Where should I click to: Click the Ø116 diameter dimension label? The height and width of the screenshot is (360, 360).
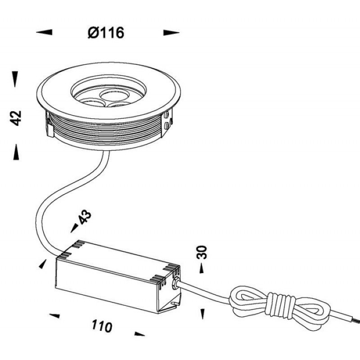pyautogui.click(x=106, y=32)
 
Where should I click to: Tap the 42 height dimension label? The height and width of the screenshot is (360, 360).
pyautogui.click(x=16, y=118)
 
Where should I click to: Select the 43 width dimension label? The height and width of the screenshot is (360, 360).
pyautogui.click(x=85, y=216)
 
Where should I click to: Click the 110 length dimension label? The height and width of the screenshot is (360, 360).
pyautogui.click(x=102, y=326)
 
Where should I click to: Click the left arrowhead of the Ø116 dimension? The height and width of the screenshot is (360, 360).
pyautogui.click(x=44, y=32)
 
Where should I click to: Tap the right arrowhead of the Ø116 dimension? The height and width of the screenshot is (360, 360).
pyautogui.click(x=171, y=33)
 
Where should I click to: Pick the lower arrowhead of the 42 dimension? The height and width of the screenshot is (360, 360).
pyautogui.click(x=16, y=152)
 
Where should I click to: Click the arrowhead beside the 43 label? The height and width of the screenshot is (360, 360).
pyautogui.click(x=74, y=228)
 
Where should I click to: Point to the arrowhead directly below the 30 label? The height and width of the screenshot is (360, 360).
pyautogui.click(x=202, y=268)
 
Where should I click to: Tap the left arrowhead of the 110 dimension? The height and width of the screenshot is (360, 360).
pyautogui.click(x=54, y=316)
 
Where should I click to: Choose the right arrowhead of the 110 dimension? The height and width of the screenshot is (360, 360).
pyautogui.click(x=139, y=334)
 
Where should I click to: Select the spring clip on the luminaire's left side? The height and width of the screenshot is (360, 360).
pyautogui.click(x=49, y=125)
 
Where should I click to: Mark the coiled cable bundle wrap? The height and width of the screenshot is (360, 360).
pyautogui.click(x=280, y=305)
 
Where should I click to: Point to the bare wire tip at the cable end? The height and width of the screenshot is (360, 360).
pyautogui.click(x=356, y=320)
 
